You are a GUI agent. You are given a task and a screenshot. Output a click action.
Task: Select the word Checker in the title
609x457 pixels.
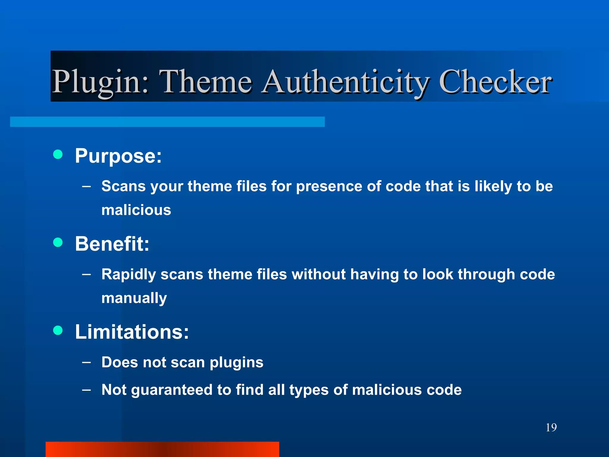495,82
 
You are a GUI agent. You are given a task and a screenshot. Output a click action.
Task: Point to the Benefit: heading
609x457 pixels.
112,244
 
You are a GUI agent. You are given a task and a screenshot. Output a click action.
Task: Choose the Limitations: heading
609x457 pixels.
132,332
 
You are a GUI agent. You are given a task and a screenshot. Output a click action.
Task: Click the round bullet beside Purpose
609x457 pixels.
58,154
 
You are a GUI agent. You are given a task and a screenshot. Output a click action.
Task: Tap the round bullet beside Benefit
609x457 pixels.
58,242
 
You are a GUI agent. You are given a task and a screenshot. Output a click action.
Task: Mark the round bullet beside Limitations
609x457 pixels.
58,330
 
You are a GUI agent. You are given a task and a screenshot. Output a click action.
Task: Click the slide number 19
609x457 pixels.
551,428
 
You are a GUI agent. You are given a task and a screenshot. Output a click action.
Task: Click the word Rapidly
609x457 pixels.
128,274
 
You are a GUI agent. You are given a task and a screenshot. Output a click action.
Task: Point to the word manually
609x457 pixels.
134,298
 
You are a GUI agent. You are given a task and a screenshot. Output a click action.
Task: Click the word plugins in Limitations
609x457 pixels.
236,362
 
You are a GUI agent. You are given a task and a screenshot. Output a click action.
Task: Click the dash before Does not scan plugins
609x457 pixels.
86,362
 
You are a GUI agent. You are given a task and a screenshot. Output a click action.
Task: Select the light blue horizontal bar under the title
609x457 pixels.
167,122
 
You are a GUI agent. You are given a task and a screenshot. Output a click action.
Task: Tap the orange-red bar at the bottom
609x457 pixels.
162,449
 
